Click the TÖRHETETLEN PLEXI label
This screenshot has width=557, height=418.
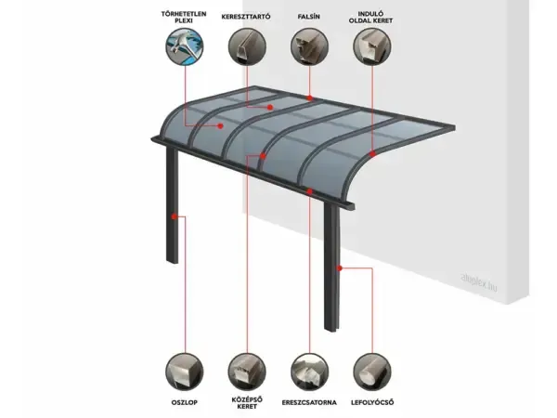pyautogui.click(x=184, y=17)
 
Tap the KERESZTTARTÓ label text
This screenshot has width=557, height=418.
pyautogui.click(x=246, y=17)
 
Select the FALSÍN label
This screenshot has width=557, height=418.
pyautogui.click(x=309, y=17)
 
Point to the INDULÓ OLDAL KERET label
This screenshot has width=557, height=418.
pyautogui.click(x=370, y=17)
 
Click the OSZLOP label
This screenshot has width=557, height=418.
pyautogui.click(x=185, y=402)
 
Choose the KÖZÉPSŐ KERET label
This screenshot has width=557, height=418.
pyautogui.click(x=247, y=402)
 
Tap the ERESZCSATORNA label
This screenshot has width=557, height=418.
pyautogui.click(x=309, y=402)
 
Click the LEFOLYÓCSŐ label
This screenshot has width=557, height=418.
pyautogui.click(x=372, y=402)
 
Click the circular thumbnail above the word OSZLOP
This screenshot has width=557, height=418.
pyautogui.click(x=185, y=372)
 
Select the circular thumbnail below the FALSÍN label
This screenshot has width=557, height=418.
pyautogui.click(x=309, y=47)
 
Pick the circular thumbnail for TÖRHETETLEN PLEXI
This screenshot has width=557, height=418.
pyautogui.click(x=185, y=47)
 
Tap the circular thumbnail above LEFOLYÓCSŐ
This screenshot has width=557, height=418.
pyautogui.click(x=372, y=372)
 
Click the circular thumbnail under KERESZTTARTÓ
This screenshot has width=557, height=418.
pyautogui.click(x=247, y=47)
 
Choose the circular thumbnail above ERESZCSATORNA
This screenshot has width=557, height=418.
pyautogui.click(x=309, y=372)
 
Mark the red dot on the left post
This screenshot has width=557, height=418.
pyautogui.click(x=175, y=216)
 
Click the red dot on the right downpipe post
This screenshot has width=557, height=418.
pyautogui.click(x=339, y=268)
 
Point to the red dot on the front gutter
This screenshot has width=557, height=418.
pyautogui.click(x=310, y=192)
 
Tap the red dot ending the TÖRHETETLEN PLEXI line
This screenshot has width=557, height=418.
pyautogui.click(x=221, y=125)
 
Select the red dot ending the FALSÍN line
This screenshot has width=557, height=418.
pyautogui.click(x=310, y=98)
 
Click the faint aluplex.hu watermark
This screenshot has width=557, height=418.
pyautogui.click(x=478, y=281)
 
